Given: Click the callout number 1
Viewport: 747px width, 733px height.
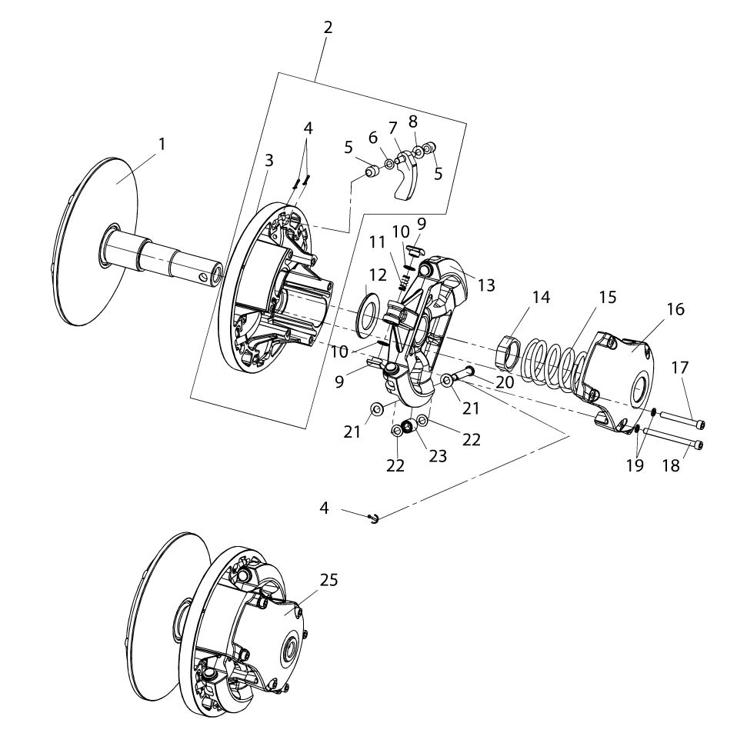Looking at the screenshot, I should pos(162,144).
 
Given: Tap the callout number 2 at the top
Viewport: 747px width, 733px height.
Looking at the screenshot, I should pos(328,28).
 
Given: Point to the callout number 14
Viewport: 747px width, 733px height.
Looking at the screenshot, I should pos(542,298).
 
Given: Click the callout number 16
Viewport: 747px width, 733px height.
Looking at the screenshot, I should pos(675,309).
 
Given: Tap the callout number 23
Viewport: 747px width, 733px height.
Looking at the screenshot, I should pos(438,456).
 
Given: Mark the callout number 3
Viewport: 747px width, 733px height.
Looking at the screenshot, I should pos(268,160).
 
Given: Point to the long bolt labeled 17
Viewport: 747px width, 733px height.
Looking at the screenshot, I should pos(680,420).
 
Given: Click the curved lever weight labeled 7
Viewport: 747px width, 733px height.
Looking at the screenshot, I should pos(406,181).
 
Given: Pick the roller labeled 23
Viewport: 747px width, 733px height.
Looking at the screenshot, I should pos(409,425).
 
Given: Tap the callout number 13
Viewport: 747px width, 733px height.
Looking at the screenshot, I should pos(486,285).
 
